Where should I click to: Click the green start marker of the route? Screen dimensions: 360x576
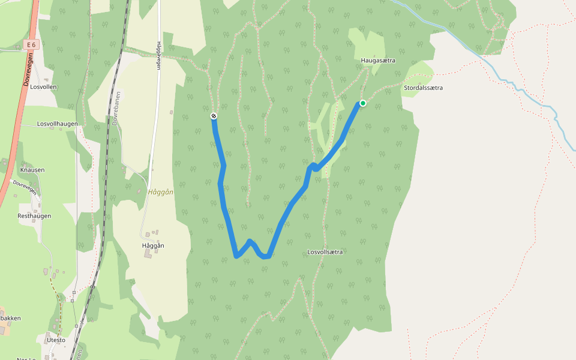click(x=363, y=103)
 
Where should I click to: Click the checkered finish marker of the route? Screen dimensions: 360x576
click(x=214, y=116)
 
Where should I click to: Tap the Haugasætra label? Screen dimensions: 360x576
click(x=378, y=61)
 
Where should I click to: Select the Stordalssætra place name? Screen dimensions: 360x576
click(x=423, y=88)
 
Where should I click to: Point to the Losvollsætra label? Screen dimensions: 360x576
click(x=325, y=252)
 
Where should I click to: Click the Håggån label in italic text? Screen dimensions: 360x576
click(x=160, y=192)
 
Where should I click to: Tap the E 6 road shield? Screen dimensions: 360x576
click(x=32, y=45)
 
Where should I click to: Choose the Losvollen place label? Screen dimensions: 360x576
click(x=43, y=86)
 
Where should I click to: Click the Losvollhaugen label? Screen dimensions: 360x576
click(x=58, y=124)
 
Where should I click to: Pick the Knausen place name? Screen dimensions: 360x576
click(x=32, y=170)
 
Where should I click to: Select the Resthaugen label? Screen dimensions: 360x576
click(x=34, y=216)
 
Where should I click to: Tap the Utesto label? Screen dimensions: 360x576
click(x=56, y=340)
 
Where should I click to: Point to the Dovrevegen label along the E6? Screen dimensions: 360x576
click(x=27, y=69)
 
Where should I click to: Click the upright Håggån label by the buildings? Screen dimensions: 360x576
click(x=153, y=245)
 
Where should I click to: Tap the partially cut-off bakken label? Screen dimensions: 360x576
click(x=10, y=317)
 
